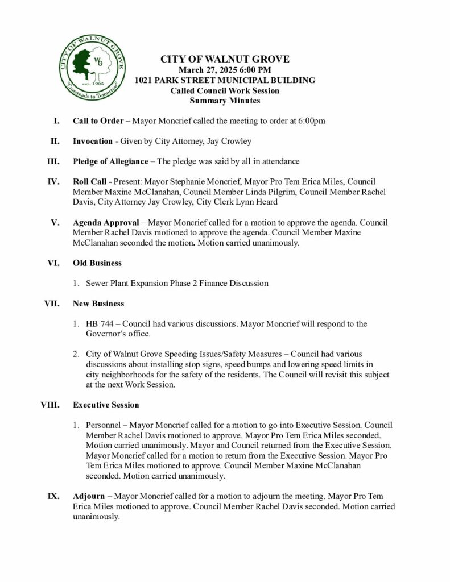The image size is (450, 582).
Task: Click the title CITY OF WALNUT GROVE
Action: [225, 60]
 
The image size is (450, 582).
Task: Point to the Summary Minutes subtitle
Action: [225, 101]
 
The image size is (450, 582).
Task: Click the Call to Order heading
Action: [96, 121]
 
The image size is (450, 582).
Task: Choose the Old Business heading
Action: [97, 263]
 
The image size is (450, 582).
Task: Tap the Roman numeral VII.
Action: [52, 304]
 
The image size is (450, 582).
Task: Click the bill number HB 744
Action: [98, 324]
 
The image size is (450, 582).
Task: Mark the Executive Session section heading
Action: [105, 405]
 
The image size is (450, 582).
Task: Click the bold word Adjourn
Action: [88, 496]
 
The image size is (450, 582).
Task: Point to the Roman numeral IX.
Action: [53, 496]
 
